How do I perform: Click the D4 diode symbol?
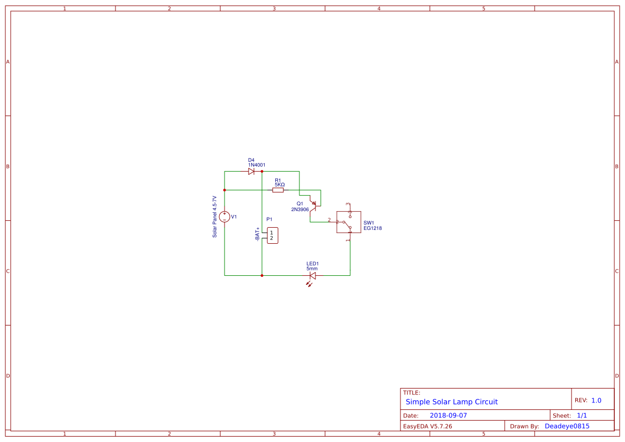(251, 172)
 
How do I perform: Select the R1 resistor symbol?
(278, 190)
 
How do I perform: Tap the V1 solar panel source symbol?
(225, 216)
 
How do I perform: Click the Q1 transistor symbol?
(313, 205)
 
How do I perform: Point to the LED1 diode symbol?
(313, 276)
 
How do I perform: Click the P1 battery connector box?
(272, 235)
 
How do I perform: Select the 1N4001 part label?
(257, 165)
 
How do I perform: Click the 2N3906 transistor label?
(300, 210)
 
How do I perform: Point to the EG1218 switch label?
(373, 228)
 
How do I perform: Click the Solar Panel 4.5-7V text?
(215, 216)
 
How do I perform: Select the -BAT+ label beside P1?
(257, 234)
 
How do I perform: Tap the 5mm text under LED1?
(312, 268)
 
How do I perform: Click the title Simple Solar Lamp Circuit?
(451, 402)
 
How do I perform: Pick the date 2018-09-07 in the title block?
(448, 415)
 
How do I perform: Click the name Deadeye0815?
(567, 427)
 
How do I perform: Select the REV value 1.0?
(596, 400)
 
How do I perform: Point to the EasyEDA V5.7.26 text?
(427, 427)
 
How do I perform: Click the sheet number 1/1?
(582, 415)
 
